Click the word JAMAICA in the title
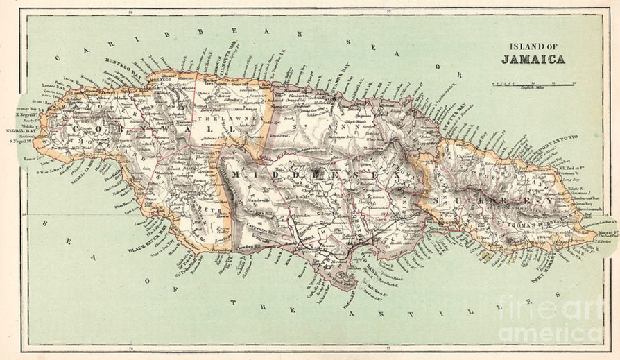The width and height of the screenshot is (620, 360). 533,59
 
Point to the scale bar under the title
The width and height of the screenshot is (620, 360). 533,85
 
